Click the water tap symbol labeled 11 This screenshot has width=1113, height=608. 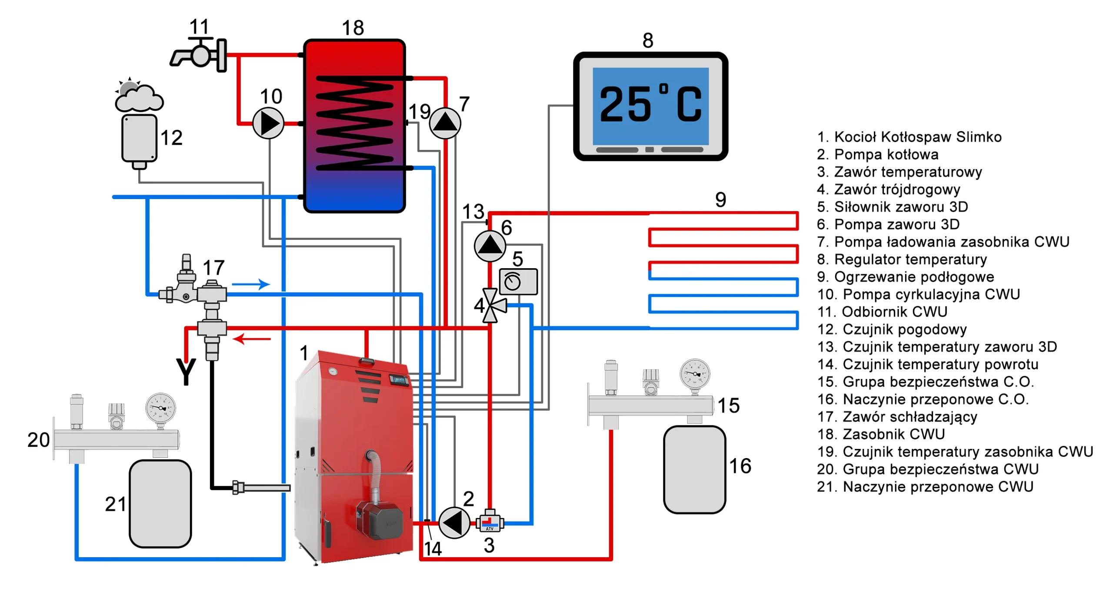199,54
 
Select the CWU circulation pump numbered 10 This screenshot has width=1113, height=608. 268,123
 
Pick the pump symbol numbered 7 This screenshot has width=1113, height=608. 445,123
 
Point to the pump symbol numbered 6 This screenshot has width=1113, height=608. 490,246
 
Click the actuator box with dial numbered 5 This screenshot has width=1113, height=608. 518,282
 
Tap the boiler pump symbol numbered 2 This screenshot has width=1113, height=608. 454,523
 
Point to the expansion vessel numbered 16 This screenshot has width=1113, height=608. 694,469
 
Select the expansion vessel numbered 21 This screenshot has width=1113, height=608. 160,504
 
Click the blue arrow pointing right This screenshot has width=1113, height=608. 250,284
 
